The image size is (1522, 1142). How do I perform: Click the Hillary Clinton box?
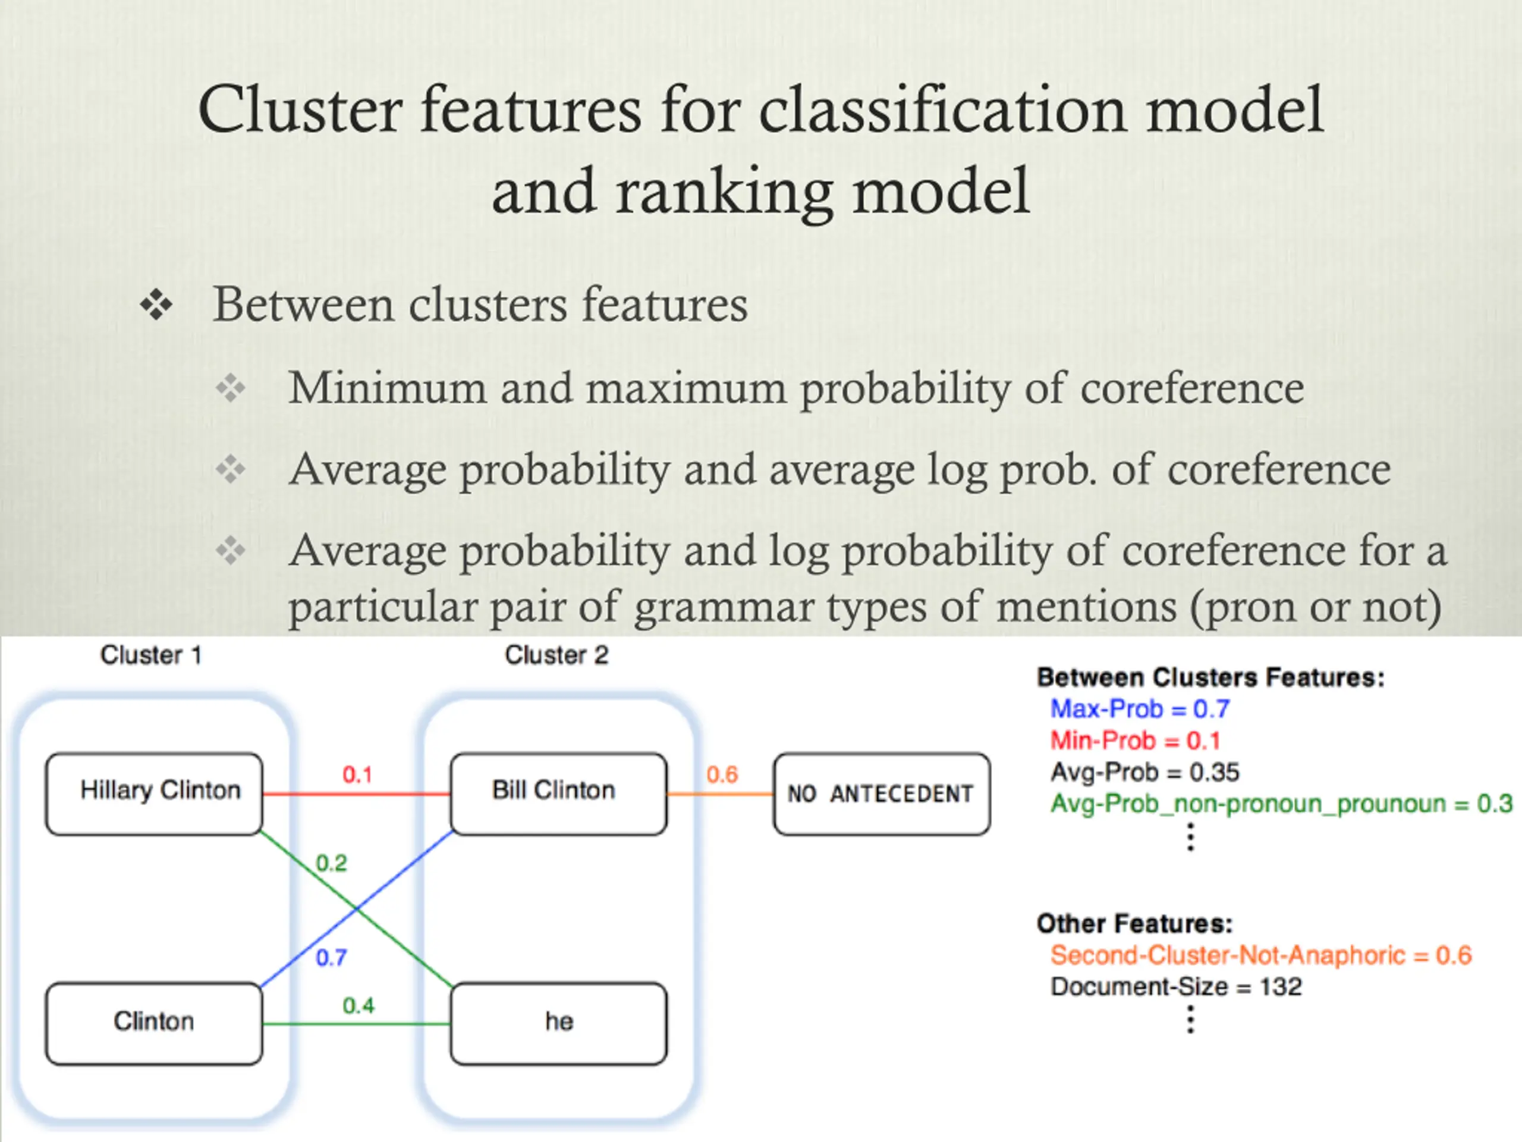pos(154,793)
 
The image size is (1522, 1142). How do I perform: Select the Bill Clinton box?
pos(559,793)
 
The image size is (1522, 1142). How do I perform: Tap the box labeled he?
pos(559,1023)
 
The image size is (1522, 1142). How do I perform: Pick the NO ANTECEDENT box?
pos(882,793)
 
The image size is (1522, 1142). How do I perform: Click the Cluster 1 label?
pos(152,655)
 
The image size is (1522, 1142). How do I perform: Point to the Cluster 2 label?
pos(556,655)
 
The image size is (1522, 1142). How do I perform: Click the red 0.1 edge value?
pos(357,775)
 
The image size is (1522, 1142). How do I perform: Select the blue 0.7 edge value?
pos(331,958)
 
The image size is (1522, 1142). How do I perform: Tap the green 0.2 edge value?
pos(331,863)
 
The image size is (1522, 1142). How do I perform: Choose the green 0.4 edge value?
pos(359,1006)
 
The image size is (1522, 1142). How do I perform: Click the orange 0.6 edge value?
pos(722,775)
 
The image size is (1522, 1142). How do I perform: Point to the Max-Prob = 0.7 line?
pos(1140,709)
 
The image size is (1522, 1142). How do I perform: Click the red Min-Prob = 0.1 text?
pos(1136,741)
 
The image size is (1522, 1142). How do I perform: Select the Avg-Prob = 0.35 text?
pos(1145,773)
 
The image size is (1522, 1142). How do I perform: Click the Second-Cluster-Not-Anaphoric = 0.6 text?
pos(1260,955)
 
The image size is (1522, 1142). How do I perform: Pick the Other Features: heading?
pos(1134,924)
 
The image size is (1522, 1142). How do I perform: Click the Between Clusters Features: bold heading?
pos(1210,678)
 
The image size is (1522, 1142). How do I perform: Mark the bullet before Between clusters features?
pos(156,305)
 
